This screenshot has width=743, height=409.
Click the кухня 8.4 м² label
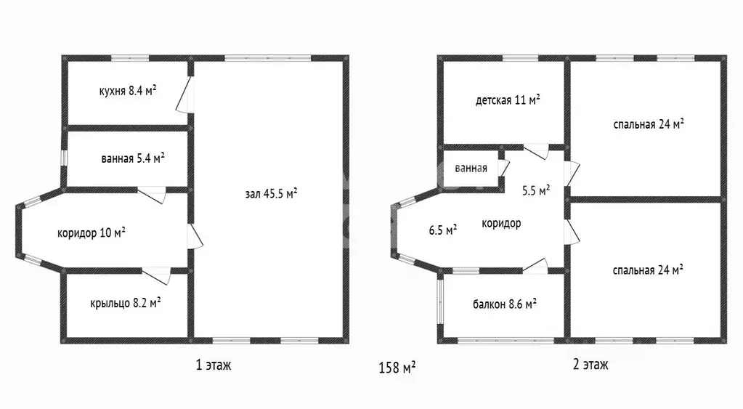click(128, 91)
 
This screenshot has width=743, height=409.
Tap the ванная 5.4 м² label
click(133, 158)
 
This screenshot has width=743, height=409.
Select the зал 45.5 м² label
click(271, 193)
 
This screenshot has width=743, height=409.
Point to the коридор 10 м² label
click(92, 232)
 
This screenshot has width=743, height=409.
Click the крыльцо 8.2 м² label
click(125, 302)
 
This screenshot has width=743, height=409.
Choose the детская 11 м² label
click(508, 100)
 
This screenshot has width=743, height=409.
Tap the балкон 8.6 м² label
click(505, 304)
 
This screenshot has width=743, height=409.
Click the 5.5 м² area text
click(536, 190)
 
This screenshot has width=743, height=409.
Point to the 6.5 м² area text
click(443, 230)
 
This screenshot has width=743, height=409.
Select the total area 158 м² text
click(397, 368)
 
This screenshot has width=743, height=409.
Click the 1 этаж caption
click(214, 365)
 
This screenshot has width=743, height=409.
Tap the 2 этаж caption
click(590, 364)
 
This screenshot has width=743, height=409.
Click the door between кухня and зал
click(184, 94)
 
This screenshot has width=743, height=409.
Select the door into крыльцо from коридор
click(156, 275)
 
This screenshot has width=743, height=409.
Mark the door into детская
click(536, 151)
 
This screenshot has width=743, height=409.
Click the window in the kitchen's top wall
click(130, 58)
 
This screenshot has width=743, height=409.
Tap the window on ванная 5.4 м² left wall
click(63, 158)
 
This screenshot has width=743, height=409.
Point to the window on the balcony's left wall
click(439, 301)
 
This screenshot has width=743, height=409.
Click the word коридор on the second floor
click(501, 223)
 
